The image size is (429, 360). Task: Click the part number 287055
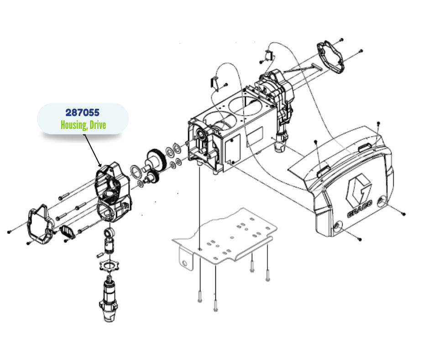[x=82, y=112]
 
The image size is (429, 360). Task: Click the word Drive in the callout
[x=98, y=125]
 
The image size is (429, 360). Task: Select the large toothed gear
[x=157, y=160]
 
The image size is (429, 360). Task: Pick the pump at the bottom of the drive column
[x=109, y=299]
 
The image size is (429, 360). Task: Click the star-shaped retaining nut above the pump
[x=109, y=265]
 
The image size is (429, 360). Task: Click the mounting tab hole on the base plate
[x=185, y=264]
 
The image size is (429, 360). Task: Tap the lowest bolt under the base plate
[x=216, y=306]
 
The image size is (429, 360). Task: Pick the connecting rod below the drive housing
[x=109, y=241]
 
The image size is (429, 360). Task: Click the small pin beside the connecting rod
[x=99, y=255]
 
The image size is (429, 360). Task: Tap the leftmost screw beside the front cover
[x=9, y=232]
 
